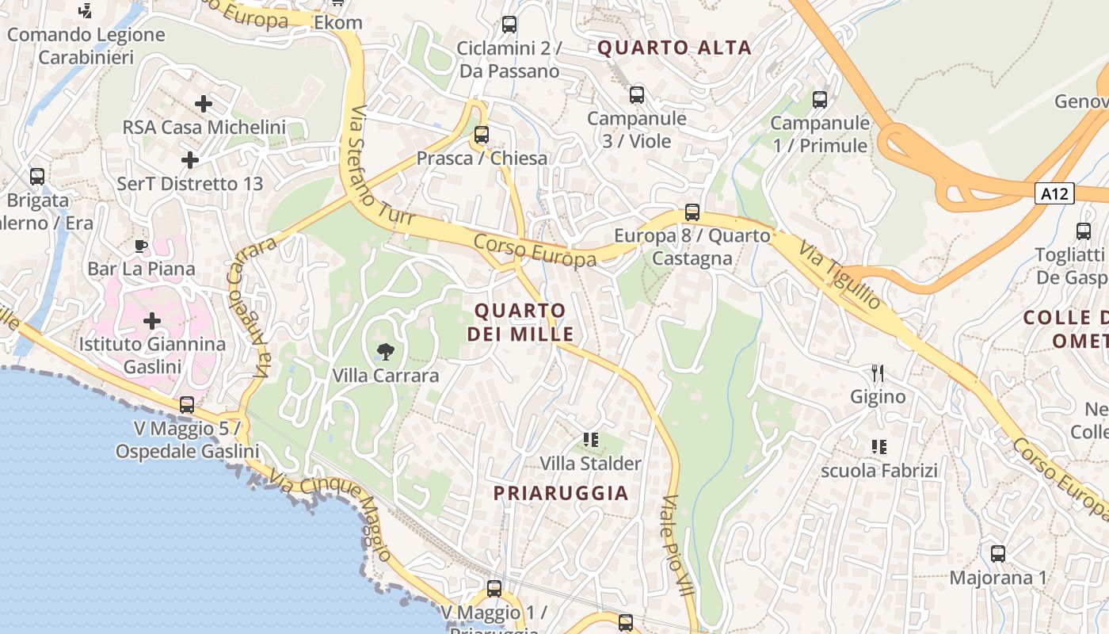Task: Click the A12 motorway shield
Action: (1054, 193)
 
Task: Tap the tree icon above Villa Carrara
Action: (386, 351)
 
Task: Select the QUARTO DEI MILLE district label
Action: (520, 322)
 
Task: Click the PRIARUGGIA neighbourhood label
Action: (561, 493)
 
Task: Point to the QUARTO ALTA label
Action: (674, 48)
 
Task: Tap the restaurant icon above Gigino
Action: (878, 372)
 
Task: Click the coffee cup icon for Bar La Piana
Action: (141, 246)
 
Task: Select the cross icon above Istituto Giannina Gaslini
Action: (151, 321)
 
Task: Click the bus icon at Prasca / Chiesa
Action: (481, 135)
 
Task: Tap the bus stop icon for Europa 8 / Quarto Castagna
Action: (692, 212)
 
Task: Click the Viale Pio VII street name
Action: (676, 546)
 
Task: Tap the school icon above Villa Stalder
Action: (590, 439)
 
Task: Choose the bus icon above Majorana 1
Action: (998, 554)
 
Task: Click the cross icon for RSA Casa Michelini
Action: (204, 103)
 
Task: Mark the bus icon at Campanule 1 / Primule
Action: (820, 100)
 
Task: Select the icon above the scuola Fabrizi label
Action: (878, 447)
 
